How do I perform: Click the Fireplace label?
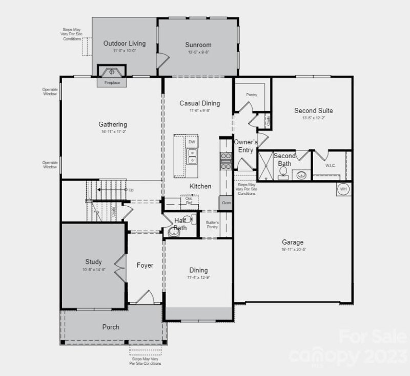[x=112, y=82]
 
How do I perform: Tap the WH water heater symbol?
[x=343, y=189]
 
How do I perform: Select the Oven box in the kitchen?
[x=226, y=203]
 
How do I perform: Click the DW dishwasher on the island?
[x=192, y=142]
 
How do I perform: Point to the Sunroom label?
[x=198, y=45]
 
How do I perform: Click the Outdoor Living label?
[x=124, y=43]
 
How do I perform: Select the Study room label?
[x=93, y=262]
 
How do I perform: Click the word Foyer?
[x=145, y=266]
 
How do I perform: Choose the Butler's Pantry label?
[x=212, y=224]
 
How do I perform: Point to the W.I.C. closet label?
[x=330, y=166]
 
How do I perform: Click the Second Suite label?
[x=313, y=110]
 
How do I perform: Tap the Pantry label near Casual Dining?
[x=251, y=95]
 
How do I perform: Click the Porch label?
[x=111, y=327]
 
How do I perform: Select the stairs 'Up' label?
[x=131, y=190]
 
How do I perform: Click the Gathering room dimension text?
[x=113, y=132]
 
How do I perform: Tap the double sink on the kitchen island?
[x=192, y=157]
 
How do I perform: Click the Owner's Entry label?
[x=245, y=146]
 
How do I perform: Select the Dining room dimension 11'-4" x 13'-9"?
[x=198, y=278]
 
